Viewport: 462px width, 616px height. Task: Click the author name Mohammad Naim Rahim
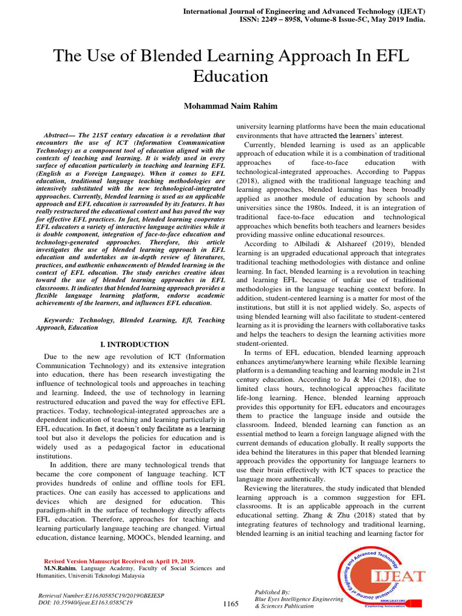point(231,106)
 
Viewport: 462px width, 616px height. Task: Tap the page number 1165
point(231,603)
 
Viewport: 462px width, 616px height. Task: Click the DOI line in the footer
point(85,602)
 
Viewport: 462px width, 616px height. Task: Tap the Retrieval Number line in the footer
point(101,595)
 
